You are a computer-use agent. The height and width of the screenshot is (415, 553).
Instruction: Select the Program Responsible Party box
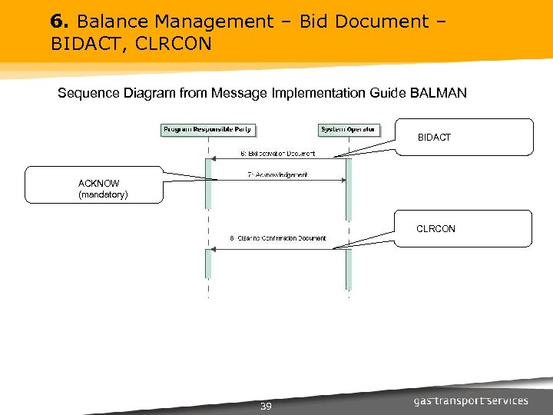point(207,130)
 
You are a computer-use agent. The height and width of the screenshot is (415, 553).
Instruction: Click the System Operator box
point(348,130)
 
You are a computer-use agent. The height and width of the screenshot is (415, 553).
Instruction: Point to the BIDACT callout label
point(434,138)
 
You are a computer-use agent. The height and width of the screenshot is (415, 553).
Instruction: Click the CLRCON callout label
point(435,229)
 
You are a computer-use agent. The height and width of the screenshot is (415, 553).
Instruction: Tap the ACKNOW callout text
point(99,183)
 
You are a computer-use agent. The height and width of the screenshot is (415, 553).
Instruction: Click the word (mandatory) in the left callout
point(103,196)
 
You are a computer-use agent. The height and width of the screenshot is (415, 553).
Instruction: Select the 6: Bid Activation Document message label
point(277,154)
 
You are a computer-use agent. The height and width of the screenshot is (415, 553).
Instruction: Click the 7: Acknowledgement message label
point(277,175)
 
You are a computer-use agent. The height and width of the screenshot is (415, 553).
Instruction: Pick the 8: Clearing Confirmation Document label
point(278,238)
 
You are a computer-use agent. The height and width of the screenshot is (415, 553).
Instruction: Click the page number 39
point(266,406)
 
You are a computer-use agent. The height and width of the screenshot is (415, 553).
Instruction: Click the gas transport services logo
point(471,401)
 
